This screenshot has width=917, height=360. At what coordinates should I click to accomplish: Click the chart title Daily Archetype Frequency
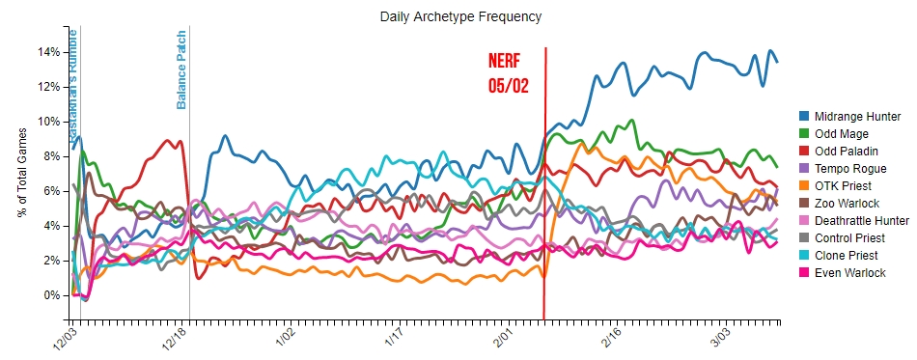tap(459, 16)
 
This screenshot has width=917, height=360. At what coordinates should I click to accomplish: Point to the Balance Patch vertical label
tap(181, 69)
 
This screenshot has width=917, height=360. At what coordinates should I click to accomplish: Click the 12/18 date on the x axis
tap(174, 339)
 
